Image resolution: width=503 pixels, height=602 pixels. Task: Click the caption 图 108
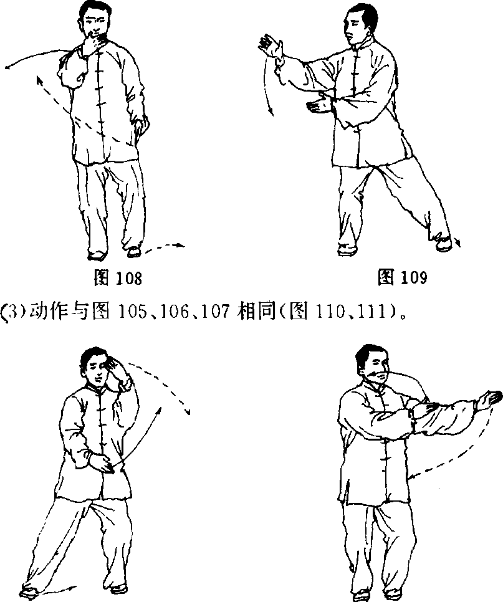(x=118, y=277)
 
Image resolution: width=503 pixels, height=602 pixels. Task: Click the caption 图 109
(x=402, y=277)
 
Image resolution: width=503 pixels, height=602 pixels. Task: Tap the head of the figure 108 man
(x=94, y=20)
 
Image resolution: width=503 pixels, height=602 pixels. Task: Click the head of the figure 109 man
(x=358, y=25)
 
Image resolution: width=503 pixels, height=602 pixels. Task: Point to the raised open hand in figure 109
(x=272, y=47)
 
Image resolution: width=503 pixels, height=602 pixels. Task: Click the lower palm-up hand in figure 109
(x=319, y=105)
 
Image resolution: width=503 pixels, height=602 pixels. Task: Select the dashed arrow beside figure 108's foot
(x=163, y=247)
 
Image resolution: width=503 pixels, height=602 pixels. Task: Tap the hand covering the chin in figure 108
(x=92, y=42)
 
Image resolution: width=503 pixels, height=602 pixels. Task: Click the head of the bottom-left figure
(x=96, y=366)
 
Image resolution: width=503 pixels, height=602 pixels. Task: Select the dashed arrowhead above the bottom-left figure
(x=188, y=411)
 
